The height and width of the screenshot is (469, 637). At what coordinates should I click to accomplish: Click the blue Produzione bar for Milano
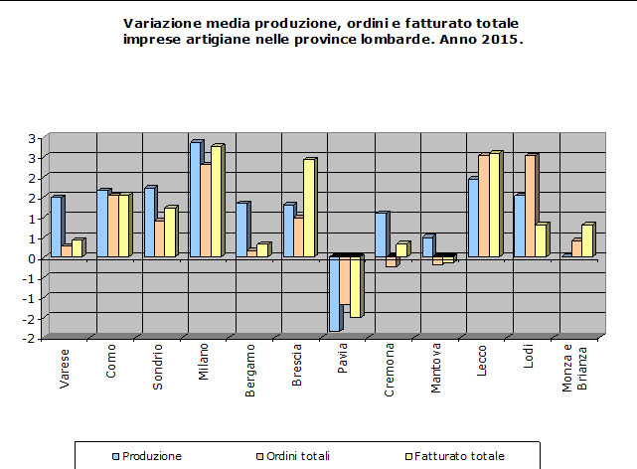pos(196,200)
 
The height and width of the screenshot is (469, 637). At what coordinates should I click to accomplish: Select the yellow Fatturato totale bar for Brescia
pos(309,208)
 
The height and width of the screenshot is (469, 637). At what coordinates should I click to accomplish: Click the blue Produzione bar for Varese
pos(56,228)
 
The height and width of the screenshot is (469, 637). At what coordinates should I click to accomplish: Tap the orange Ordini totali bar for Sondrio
pos(158,238)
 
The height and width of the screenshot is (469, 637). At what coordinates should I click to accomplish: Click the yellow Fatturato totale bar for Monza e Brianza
pos(587,240)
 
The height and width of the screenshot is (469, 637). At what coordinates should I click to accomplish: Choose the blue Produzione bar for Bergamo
pos(241,231)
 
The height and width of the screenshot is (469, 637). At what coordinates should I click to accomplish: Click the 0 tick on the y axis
pos(34,258)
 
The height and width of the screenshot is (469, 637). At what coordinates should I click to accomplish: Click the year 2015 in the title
pos(502,40)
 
